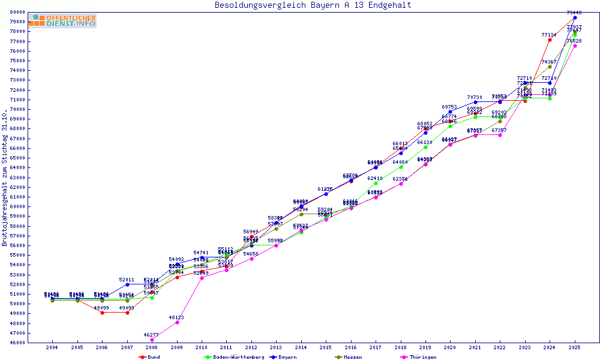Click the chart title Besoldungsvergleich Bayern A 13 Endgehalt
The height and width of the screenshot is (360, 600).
click(313, 5)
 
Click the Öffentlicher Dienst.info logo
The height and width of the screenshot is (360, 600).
click(62, 21)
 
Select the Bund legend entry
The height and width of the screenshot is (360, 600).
click(149, 357)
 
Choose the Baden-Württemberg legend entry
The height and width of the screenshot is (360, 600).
click(234, 357)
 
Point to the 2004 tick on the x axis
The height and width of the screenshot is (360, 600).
click(52, 347)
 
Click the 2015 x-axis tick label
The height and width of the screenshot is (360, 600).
click(326, 347)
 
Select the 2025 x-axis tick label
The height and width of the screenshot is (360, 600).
click(575, 347)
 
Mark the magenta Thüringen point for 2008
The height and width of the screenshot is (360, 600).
click(152, 340)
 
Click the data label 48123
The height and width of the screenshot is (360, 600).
click(176, 317)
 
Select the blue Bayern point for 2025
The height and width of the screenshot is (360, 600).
click(575, 17)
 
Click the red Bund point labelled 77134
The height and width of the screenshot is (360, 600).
click(550, 40)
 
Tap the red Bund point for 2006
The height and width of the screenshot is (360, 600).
click(102, 313)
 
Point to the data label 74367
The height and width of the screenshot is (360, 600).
click(550, 62)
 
